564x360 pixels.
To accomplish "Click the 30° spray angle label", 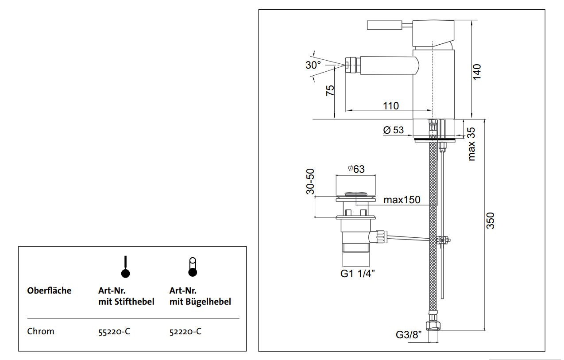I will [313, 65].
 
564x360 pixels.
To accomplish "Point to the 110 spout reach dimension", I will [391, 106].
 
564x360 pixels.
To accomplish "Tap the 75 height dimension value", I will [330, 90].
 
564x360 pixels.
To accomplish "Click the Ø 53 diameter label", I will [394, 130].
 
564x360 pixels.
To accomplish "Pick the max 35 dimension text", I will [471, 143].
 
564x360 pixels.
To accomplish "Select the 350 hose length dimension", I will [491, 221].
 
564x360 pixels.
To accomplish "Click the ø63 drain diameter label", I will [356, 169].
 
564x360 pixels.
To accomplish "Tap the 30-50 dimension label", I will [310, 181].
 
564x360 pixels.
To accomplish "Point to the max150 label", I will [402, 200].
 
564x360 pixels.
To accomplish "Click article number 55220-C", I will [114, 332].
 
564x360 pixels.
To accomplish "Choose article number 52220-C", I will [185, 332].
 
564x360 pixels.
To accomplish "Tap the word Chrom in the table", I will [41, 331].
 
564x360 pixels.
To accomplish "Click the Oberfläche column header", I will [49, 291].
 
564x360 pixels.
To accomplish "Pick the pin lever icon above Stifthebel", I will [126, 267].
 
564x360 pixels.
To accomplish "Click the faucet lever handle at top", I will [384, 25].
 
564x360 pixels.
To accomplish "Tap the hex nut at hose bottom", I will [433, 325].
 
